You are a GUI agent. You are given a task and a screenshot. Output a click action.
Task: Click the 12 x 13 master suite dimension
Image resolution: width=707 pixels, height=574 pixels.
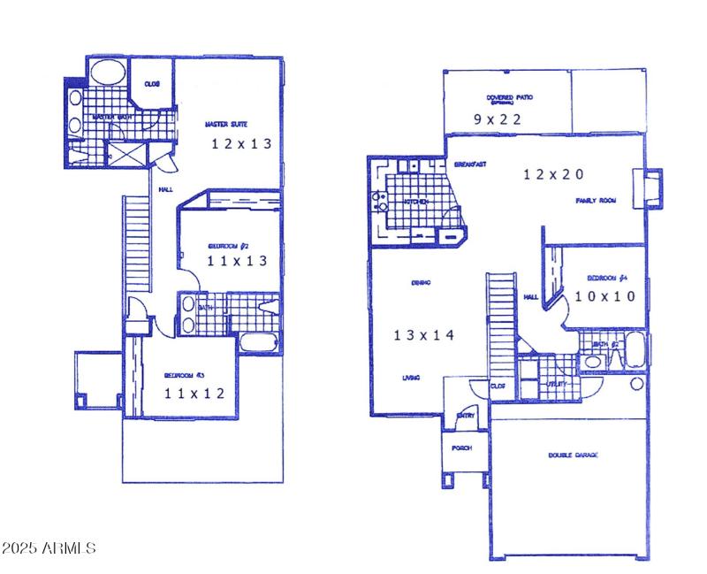(x=240, y=143)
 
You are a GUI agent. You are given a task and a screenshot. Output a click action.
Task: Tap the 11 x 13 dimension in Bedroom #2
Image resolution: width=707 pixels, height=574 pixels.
(x=235, y=261)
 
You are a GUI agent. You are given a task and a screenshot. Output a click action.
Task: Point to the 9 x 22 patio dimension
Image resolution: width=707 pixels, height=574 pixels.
(x=498, y=119)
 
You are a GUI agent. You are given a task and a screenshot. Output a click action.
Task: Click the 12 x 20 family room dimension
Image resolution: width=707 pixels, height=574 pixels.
(x=553, y=175)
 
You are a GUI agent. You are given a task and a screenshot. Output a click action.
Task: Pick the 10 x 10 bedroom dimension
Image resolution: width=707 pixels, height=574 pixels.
(x=604, y=297)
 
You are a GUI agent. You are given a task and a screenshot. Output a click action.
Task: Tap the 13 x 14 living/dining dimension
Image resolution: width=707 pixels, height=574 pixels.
(x=423, y=335)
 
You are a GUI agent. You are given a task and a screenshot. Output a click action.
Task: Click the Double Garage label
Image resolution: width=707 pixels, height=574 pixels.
(x=573, y=455)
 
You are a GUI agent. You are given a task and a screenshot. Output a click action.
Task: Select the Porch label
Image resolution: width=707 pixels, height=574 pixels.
(x=461, y=448)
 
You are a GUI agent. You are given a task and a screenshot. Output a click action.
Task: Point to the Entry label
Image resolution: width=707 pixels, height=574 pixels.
(x=464, y=415)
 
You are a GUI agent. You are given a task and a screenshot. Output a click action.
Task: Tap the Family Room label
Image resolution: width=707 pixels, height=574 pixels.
(x=596, y=201)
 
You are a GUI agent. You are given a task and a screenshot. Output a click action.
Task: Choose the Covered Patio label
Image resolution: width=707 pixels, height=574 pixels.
(x=509, y=98)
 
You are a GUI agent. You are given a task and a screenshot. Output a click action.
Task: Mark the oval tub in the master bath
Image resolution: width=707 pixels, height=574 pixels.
(x=109, y=73)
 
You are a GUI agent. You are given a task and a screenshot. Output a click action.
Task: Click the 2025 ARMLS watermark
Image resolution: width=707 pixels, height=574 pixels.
(x=49, y=548)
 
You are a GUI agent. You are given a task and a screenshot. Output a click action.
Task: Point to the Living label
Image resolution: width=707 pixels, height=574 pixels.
(x=411, y=378)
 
